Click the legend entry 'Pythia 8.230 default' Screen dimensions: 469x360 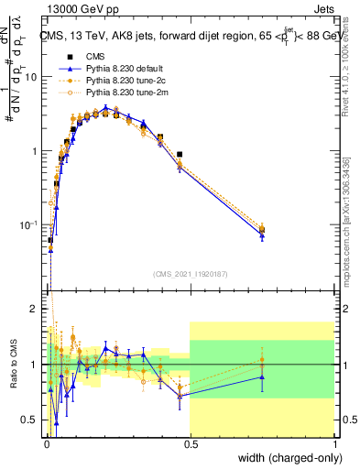pos(115,69)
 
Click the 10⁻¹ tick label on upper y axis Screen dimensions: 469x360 pos(29,225)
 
